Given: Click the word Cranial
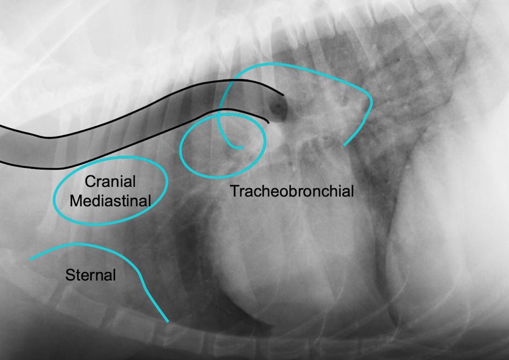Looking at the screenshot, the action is click(x=110, y=182).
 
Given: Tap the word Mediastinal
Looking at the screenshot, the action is click(x=110, y=201).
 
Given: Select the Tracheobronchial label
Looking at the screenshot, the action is click(x=291, y=191).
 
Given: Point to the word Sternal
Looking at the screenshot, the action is click(x=90, y=275).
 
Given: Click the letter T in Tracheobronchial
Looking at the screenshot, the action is click(x=233, y=191).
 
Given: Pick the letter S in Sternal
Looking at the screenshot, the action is click(x=69, y=275).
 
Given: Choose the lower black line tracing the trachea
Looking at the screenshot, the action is click(x=140, y=142).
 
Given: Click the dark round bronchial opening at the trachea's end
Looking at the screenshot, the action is click(x=279, y=109).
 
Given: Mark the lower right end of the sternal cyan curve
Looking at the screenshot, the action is click(x=167, y=321).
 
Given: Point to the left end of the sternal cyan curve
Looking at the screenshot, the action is click(x=31, y=259).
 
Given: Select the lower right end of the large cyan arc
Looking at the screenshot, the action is click(x=345, y=145).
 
